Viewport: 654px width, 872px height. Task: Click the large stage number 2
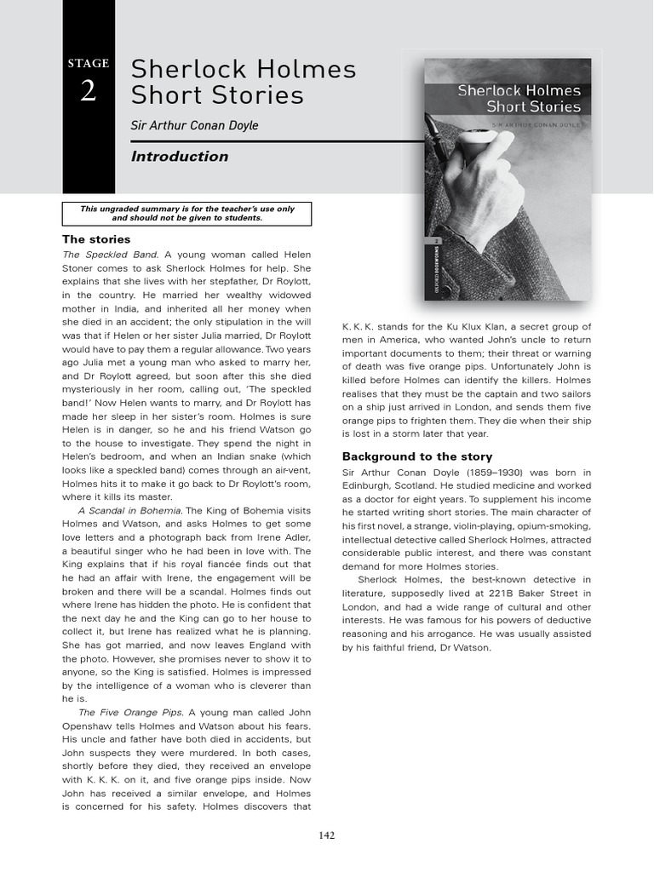tap(89, 91)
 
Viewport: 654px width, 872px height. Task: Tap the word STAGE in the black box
tap(89, 64)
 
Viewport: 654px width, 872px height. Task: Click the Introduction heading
tap(180, 157)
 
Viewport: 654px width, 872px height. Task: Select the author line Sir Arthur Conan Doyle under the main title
tap(194, 126)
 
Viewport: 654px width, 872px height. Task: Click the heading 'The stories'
tap(96, 238)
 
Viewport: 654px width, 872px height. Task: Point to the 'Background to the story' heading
tap(417, 456)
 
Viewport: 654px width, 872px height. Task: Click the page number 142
tap(326, 835)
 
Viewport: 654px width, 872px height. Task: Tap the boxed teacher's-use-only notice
tap(187, 213)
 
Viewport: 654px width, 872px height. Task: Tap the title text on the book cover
tap(519, 98)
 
